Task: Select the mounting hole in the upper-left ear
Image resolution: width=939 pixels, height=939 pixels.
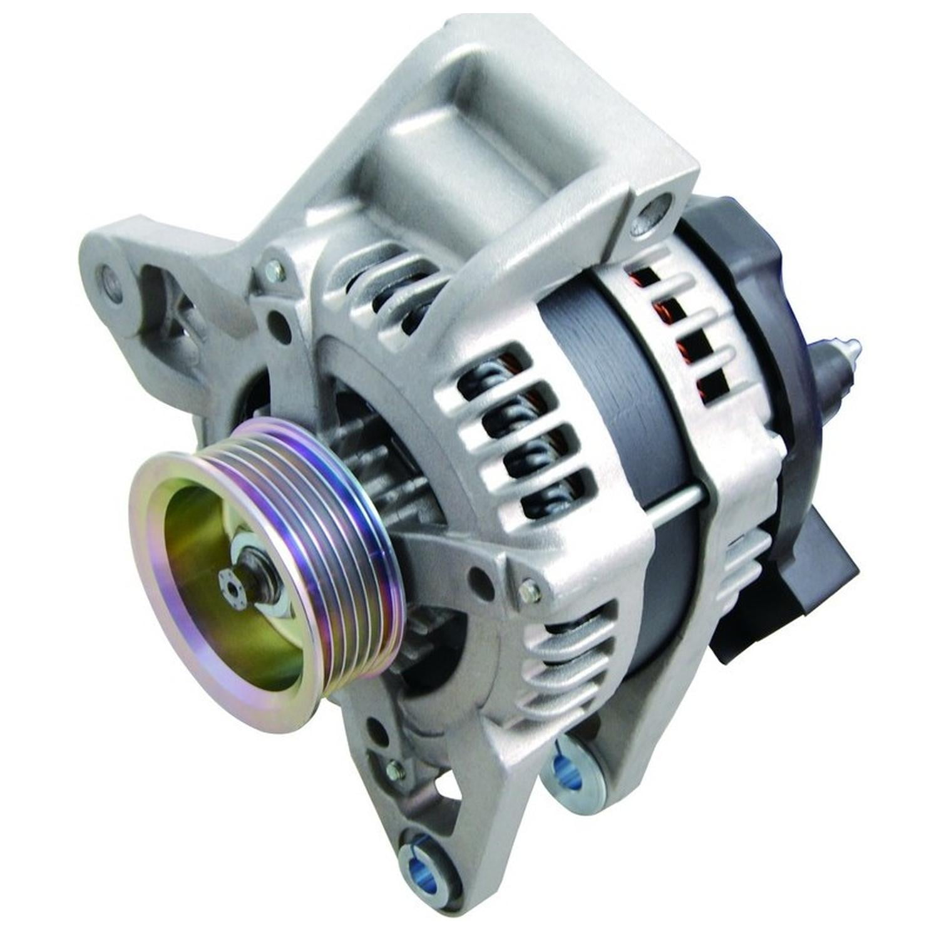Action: [x=108, y=275]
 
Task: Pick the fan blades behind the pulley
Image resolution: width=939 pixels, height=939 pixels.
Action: [x=376, y=451]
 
